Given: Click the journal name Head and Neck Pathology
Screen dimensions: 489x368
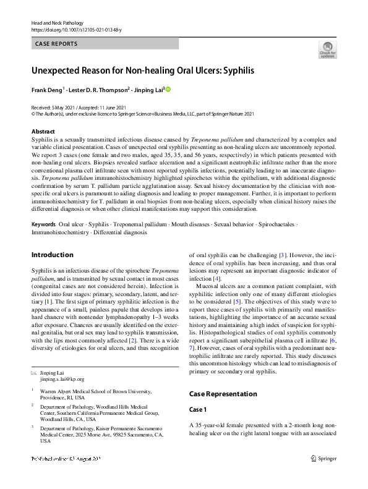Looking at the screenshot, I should [56, 23].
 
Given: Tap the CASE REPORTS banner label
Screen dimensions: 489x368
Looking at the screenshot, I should [56, 44].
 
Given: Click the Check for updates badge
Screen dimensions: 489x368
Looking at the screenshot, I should [327, 49].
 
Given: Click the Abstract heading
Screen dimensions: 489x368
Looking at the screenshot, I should [43, 132].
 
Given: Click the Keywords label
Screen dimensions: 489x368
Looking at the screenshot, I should [43, 225].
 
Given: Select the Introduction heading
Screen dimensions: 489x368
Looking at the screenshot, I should [52, 255].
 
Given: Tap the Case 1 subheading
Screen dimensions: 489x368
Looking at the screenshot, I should [199, 410].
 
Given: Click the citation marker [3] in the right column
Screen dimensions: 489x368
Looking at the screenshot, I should [282, 255].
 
